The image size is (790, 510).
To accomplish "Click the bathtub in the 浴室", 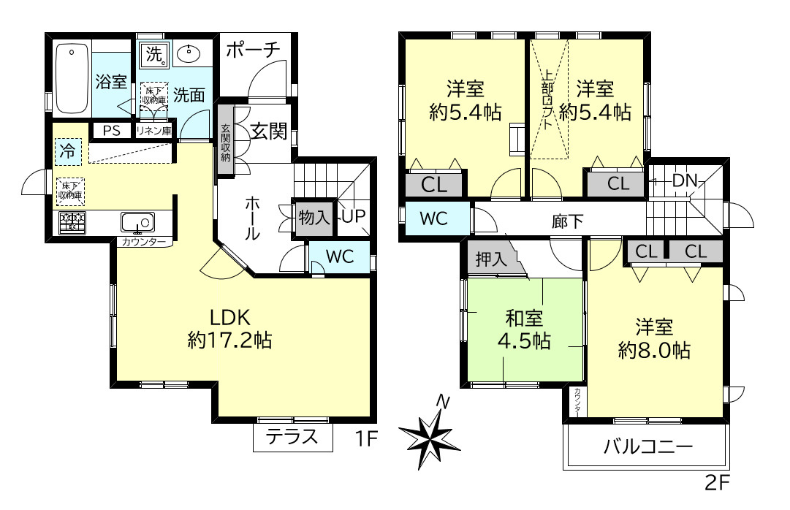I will click(72, 79).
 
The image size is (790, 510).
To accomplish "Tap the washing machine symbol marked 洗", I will click(155, 53).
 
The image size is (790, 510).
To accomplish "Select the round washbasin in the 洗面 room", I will click(190, 53).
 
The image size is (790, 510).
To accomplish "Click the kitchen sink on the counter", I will click(137, 221).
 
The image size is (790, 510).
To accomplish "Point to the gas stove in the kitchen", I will click(72, 222).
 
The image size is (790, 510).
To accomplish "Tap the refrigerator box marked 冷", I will click(67, 152).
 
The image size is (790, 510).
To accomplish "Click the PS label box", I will click(111, 131).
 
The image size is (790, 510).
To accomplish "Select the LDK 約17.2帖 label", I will click(230, 328).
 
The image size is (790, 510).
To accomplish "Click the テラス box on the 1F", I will click(292, 438).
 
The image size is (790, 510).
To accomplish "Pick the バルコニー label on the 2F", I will click(647, 446).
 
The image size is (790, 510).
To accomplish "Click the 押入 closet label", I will click(490, 259).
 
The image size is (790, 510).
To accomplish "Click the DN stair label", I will click(685, 180).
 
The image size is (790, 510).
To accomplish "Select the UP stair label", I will click(352, 217).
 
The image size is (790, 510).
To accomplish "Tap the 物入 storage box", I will click(314, 217).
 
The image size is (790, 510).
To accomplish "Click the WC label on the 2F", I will click(433, 218).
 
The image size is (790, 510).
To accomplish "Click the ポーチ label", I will click(253, 50).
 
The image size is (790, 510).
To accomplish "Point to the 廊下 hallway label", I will click(567, 220).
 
